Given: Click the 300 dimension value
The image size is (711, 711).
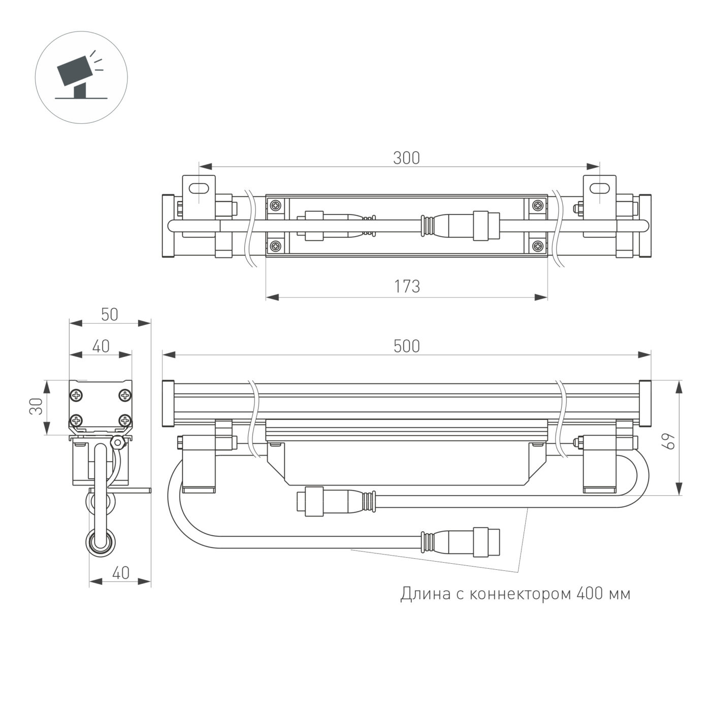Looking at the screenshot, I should (x=406, y=158).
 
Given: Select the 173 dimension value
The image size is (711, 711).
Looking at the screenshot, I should (x=407, y=287).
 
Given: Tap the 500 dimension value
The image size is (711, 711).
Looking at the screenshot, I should (x=406, y=346).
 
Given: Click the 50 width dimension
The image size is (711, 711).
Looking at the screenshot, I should (x=109, y=315).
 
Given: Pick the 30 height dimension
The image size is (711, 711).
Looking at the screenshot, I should (x=36, y=406).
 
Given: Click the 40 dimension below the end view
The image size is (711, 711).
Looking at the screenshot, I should (x=120, y=573).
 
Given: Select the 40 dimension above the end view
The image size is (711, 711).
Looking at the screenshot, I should (x=101, y=346).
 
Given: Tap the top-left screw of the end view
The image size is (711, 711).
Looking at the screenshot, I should (x=77, y=395).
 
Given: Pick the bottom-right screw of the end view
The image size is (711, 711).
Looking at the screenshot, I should (x=124, y=420).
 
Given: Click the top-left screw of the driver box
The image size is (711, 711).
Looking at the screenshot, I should (x=276, y=206).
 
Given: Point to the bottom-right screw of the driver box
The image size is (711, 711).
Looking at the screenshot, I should (x=537, y=247).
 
